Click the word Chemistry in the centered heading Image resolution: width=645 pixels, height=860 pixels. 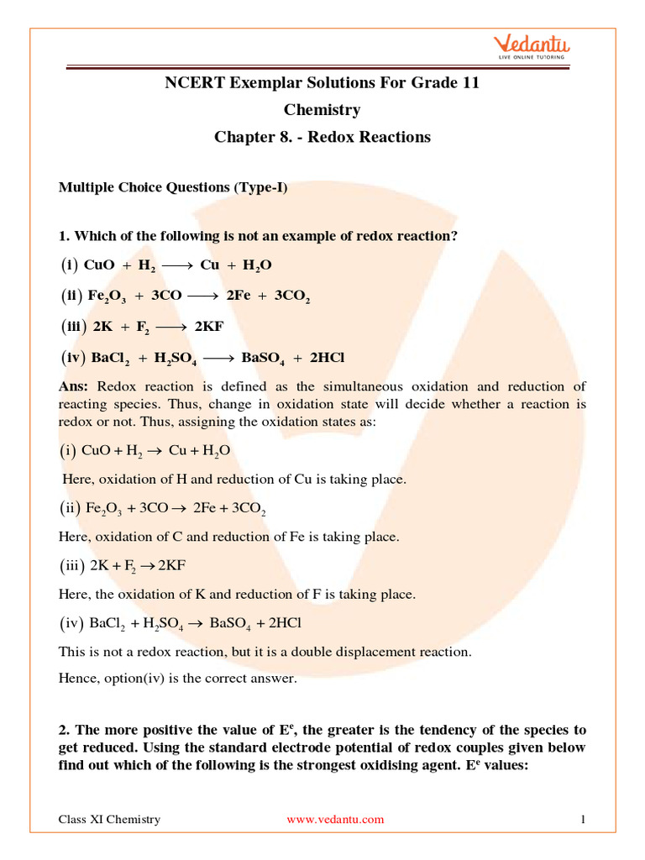click(x=322, y=110)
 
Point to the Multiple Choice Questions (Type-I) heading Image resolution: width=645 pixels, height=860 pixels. click(x=173, y=187)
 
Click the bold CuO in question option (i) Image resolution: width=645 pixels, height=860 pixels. click(x=100, y=265)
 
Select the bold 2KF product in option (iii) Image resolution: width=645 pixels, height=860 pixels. click(x=209, y=328)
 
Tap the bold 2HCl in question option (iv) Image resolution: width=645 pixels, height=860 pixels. click(x=328, y=359)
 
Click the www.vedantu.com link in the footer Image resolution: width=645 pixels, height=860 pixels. click(x=335, y=819)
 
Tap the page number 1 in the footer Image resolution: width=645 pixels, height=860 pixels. click(x=582, y=819)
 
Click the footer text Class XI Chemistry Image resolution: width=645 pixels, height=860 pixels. click(x=109, y=819)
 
